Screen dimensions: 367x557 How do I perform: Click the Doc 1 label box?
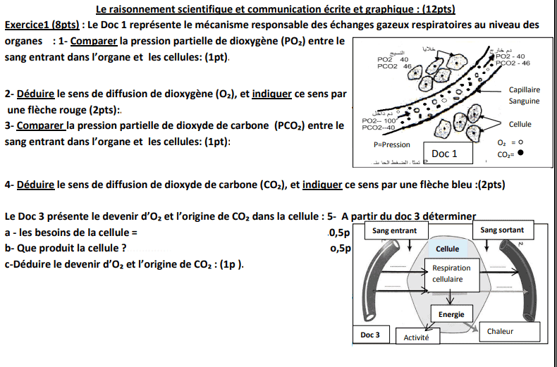click(444, 154)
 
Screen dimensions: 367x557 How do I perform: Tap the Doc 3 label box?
click(370, 335)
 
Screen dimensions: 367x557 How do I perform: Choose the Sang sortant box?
click(502, 230)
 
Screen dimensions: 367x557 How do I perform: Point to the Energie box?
click(451, 314)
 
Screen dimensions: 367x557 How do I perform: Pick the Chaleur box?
click(501, 331)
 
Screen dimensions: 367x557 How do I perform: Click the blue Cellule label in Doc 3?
click(447, 249)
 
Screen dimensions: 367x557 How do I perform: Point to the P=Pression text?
click(391, 144)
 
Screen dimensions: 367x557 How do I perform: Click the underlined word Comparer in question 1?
click(94, 42)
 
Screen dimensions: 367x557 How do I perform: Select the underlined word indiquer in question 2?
click(276, 94)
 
